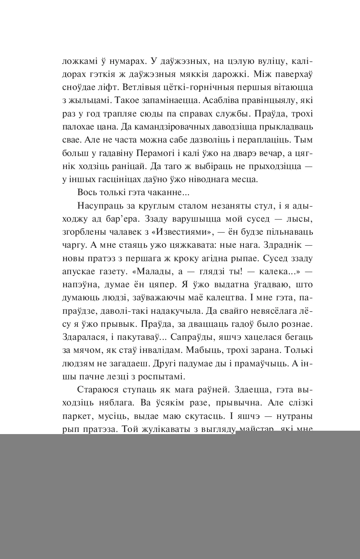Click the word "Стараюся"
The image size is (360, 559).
click(x=97, y=390)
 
